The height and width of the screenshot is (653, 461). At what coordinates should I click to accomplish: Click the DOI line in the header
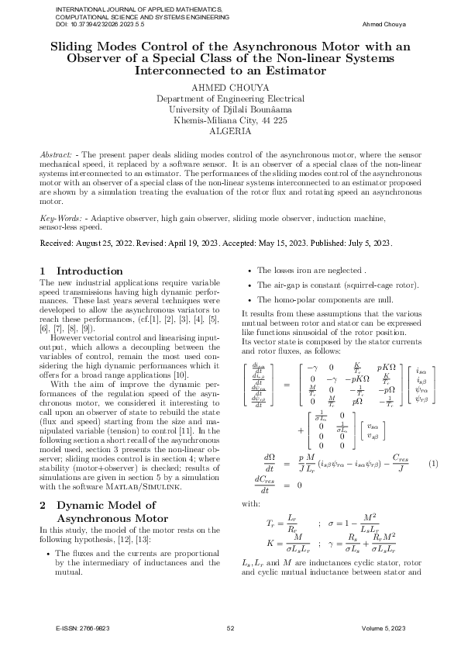[100, 24]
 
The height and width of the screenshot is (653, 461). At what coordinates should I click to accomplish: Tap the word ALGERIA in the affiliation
[230, 132]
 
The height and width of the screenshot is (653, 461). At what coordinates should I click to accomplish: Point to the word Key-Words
[59, 219]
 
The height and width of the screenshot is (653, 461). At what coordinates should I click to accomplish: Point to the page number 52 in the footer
[230, 628]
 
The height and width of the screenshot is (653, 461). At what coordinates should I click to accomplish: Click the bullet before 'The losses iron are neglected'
[248, 271]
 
